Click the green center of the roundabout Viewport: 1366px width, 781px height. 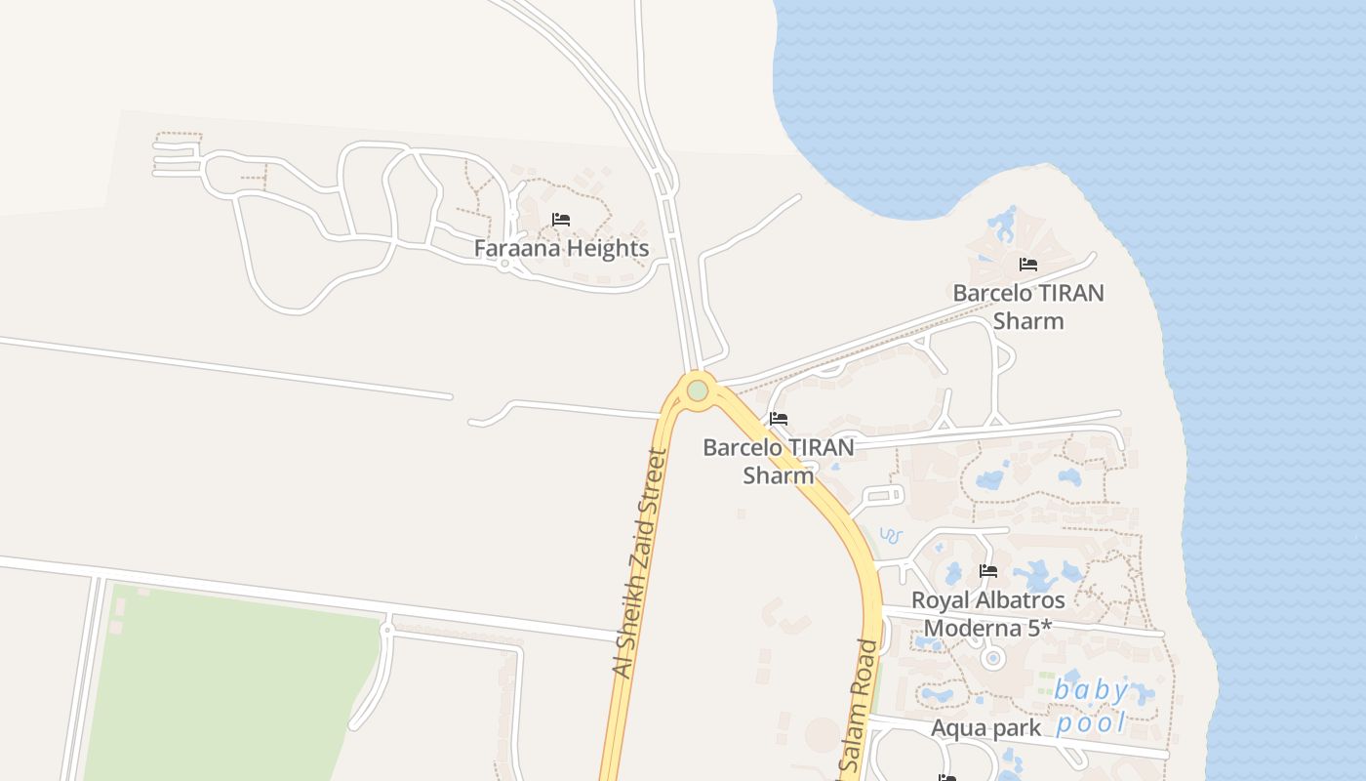click(697, 390)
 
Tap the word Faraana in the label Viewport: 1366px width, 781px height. click(512, 248)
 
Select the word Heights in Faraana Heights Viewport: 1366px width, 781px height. click(602, 248)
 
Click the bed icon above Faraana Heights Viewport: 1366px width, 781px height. click(561, 220)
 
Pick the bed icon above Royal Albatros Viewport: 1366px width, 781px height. click(988, 571)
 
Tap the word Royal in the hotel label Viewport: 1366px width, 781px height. click(938, 599)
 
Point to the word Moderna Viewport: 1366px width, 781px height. click(967, 628)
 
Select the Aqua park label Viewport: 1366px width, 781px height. click(985, 727)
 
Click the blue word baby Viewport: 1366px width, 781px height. click(1091, 691)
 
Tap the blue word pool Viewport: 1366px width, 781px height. click(1091, 722)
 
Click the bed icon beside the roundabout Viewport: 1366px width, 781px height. click(778, 420)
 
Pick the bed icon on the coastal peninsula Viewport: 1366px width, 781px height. click(1027, 264)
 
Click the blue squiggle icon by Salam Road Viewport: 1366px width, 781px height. click(891, 536)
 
